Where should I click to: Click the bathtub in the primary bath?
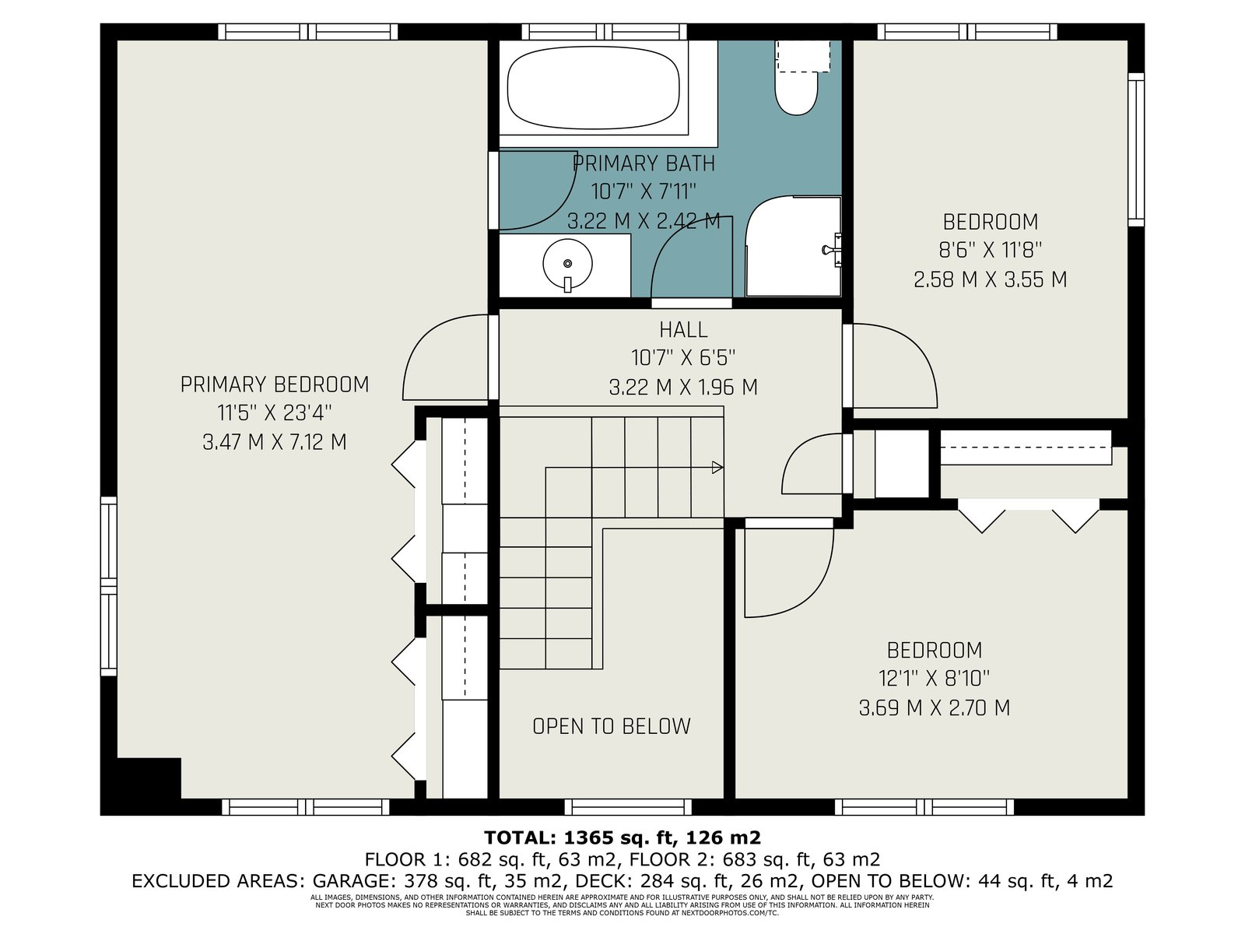tap(593, 88)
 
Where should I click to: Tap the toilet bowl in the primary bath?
tap(796, 93)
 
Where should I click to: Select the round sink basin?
tap(567, 263)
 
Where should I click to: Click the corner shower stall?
tap(793, 247)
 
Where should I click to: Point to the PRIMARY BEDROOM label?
tap(275, 384)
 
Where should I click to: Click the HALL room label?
tap(683, 329)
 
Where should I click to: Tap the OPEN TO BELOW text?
tap(612, 726)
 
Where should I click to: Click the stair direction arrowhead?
tap(717, 467)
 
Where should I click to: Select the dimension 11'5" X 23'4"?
tap(275, 413)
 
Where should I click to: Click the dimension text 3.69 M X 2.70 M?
tap(935, 708)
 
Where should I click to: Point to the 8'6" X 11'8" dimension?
tap(991, 250)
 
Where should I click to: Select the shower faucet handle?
tap(833, 250)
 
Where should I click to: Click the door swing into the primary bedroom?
tap(446, 357)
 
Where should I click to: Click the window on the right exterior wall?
tap(1136, 149)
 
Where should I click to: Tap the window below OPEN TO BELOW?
tap(628, 807)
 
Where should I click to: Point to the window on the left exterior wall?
tap(108, 586)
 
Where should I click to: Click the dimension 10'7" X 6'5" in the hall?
tap(683, 358)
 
